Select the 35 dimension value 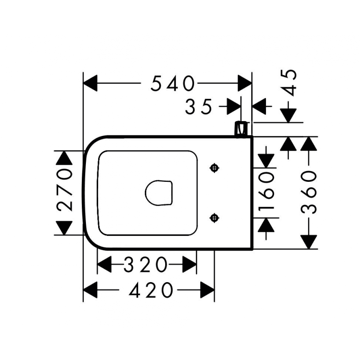(x=198, y=107)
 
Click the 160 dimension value (x=266, y=192)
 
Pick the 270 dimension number (x=64, y=193)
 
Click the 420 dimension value (x=151, y=290)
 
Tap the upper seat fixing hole (x=214, y=167)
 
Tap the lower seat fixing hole (x=214, y=218)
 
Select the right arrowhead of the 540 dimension (x=245, y=83)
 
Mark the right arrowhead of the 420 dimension (x=207, y=290)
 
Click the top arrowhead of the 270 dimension (x=64, y=158)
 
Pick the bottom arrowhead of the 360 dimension (x=309, y=242)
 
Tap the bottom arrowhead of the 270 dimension (x=64, y=228)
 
